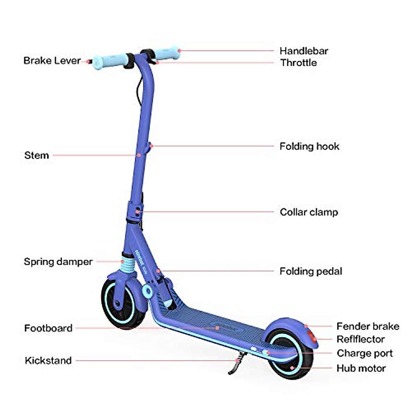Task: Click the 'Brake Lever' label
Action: (52, 61)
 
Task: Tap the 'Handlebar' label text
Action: (304, 51)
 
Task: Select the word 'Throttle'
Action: (298, 63)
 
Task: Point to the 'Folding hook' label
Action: (309, 146)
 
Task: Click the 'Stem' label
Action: (37, 155)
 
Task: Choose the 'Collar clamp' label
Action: (309, 212)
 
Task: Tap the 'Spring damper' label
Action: (58, 262)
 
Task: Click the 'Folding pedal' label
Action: (311, 271)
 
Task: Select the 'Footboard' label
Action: (48, 328)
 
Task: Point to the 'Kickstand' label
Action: (48, 360)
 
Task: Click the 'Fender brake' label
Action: (368, 326)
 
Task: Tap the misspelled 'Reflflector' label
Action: (360, 339)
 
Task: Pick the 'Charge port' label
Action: (364, 353)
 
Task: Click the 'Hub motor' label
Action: (361, 368)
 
